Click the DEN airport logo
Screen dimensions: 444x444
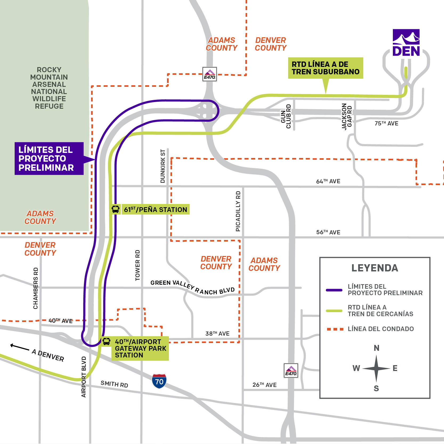[x=406, y=43]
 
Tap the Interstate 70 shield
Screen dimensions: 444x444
[x=159, y=381]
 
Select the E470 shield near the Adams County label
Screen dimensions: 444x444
[x=210, y=74]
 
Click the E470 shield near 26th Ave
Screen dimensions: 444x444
[x=291, y=370]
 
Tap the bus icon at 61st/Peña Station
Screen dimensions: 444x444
[x=115, y=209]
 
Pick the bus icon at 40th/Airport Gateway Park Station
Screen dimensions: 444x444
[x=106, y=341]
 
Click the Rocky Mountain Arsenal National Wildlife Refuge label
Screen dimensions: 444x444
[x=49, y=88]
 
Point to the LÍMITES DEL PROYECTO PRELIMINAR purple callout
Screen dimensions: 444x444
[x=49, y=158]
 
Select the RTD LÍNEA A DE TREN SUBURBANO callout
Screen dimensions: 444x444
[x=325, y=68]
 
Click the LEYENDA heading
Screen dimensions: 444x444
[x=375, y=268]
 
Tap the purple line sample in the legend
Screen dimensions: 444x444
[x=334, y=290]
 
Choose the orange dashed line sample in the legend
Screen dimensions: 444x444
[x=335, y=329]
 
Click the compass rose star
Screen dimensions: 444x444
[x=376, y=369]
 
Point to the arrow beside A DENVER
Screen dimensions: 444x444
[x=19, y=347]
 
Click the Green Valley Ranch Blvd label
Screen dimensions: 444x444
[x=193, y=287]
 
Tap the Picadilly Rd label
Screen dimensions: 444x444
[x=238, y=211]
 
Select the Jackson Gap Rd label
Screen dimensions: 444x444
[x=347, y=116]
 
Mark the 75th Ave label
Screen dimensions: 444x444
[x=386, y=123]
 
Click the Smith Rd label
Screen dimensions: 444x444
[x=114, y=384]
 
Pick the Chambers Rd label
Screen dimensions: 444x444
[x=35, y=288]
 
